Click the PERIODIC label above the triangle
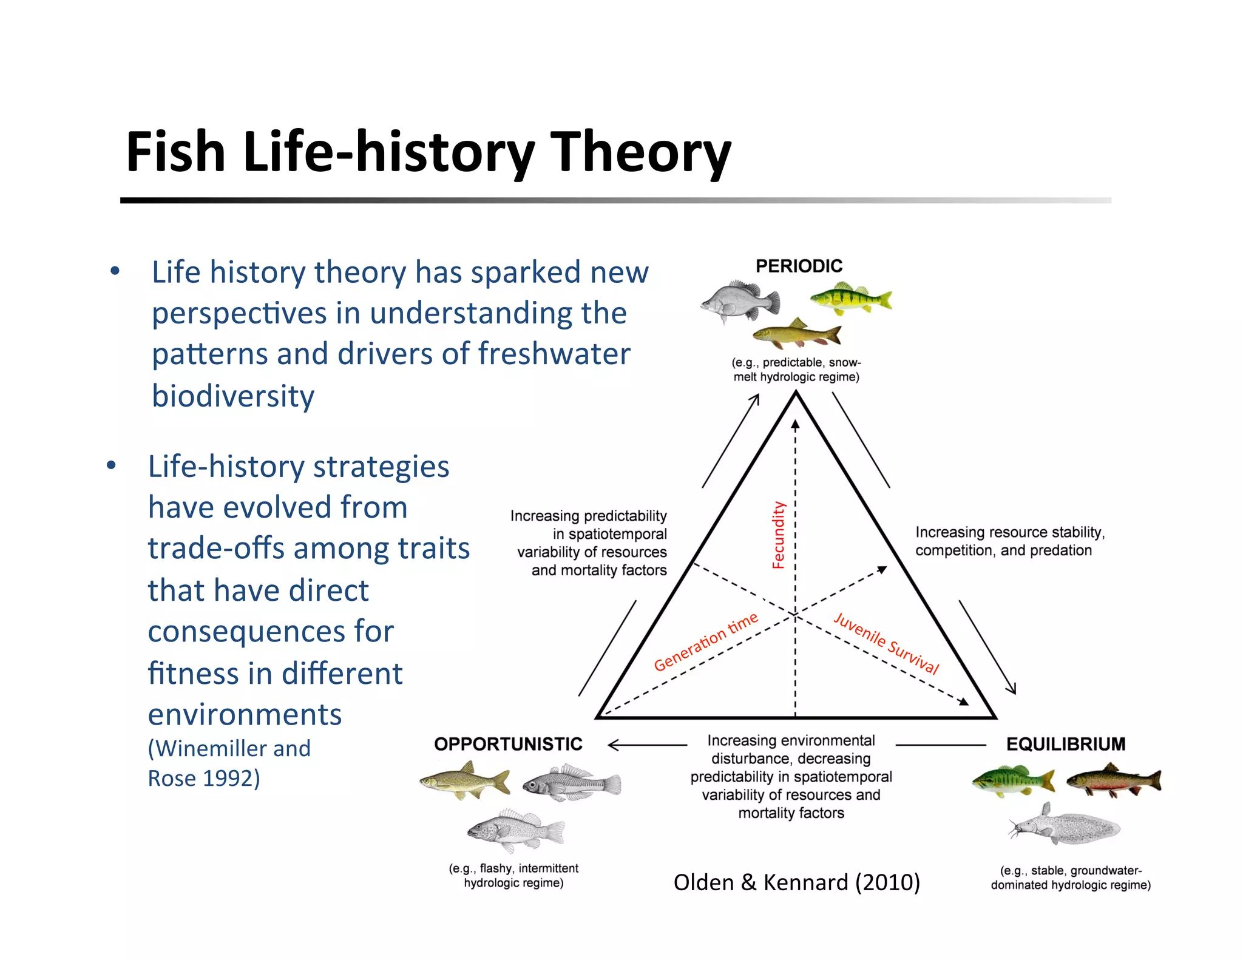tap(799, 266)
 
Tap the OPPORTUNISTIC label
tap(508, 744)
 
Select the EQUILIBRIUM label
tap(1065, 744)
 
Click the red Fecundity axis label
tap(778, 535)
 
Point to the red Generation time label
tap(706, 641)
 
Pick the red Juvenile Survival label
tap(886, 644)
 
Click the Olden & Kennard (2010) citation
tap(796, 882)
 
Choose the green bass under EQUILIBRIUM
tap(1012, 780)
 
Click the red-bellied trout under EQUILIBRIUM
tap(1113, 780)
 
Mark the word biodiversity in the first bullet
tap(233, 396)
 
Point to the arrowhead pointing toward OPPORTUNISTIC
tap(612, 745)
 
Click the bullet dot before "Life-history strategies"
tap(111, 466)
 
